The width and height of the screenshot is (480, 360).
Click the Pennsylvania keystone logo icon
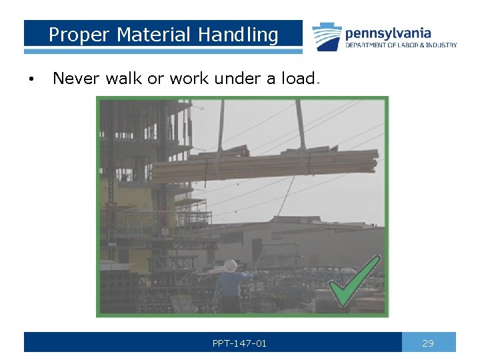(327, 37)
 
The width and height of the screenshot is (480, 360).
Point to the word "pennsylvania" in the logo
(387, 33)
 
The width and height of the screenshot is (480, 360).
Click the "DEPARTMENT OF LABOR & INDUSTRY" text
(401, 45)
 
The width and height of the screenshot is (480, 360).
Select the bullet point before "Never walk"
(31, 79)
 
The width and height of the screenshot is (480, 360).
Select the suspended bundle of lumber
(267, 163)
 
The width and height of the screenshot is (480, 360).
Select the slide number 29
(428, 343)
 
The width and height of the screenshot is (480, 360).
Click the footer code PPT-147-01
(239, 343)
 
